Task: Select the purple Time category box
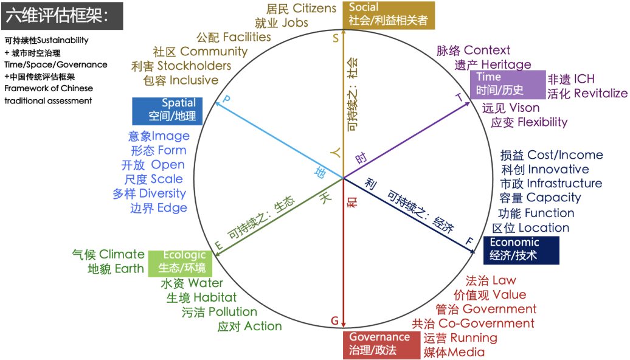[507, 84]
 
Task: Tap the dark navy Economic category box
[521, 249]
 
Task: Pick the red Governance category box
[383, 344]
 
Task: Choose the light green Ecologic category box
[183, 261]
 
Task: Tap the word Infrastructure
[564, 183]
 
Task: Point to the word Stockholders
[194, 66]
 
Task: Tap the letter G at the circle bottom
[334, 320]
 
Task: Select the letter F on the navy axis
[469, 241]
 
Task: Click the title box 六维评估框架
[61, 16]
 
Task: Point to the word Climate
[122, 254]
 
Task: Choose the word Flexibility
[542, 122]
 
